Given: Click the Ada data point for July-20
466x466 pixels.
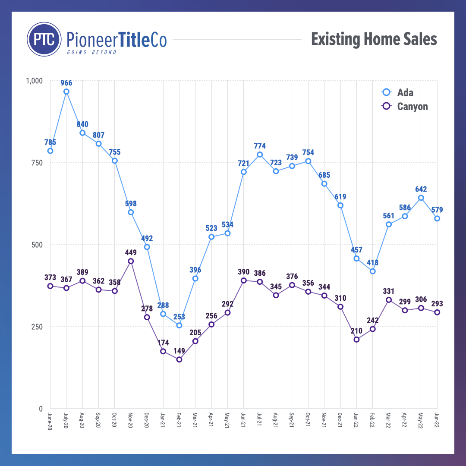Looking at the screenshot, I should (x=66, y=91).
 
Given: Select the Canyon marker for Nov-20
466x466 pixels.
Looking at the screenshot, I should (x=131, y=261).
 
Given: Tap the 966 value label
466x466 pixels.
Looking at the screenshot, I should (x=66, y=83).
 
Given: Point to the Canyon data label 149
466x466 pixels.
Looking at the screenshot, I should (x=179, y=351).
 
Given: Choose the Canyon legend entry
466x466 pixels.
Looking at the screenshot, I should (x=406, y=106).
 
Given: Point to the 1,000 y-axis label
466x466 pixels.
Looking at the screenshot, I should (x=35, y=81).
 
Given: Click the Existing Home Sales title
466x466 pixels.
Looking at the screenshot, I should (x=374, y=39).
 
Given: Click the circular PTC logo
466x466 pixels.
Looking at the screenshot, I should (x=44, y=39).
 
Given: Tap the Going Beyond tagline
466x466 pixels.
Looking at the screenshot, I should (x=91, y=52).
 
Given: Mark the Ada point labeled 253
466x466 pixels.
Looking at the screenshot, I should (x=179, y=325).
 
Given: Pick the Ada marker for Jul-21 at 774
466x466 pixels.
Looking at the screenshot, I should (x=260, y=154).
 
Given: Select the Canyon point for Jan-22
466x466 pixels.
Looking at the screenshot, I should (x=356, y=340).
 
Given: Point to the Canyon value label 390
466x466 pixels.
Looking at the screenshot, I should (x=243, y=272).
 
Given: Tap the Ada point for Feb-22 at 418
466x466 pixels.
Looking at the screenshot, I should (x=372, y=271).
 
